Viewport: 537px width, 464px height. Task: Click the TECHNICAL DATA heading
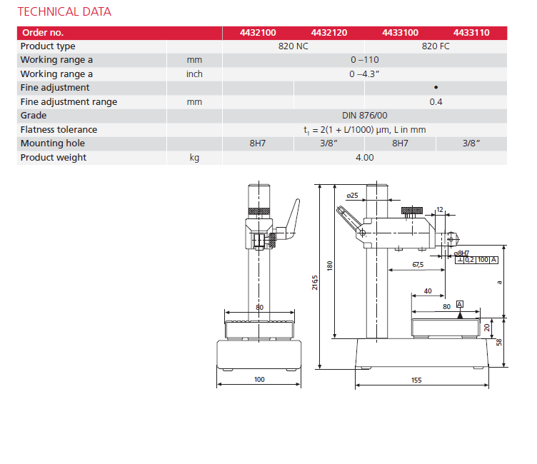[64, 12]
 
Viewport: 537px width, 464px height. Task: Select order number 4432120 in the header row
[329, 33]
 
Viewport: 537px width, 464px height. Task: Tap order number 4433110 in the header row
[471, 33]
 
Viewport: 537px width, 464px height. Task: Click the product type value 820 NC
[293, 46]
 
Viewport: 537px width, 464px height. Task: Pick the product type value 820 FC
[436, 46]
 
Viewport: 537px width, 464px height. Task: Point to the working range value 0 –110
[365, 60]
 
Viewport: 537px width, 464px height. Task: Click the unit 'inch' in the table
[194, 74]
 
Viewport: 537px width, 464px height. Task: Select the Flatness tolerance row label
[59, 130]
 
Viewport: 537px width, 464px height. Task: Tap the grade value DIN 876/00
[365, 116]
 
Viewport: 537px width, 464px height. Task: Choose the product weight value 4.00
[365, 158]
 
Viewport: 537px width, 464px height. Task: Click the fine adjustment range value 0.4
[436, 102]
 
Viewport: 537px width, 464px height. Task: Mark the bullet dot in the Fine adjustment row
[436, 88]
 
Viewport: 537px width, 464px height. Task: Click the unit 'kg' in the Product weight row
[194, 158]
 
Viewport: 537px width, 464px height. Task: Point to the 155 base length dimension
[416, 380]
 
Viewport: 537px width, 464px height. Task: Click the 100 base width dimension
[259, 379]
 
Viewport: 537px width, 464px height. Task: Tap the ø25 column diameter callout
[352, 195]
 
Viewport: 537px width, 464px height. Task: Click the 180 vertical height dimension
[330, 264]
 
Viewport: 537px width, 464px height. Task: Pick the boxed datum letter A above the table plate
[460, 305]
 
